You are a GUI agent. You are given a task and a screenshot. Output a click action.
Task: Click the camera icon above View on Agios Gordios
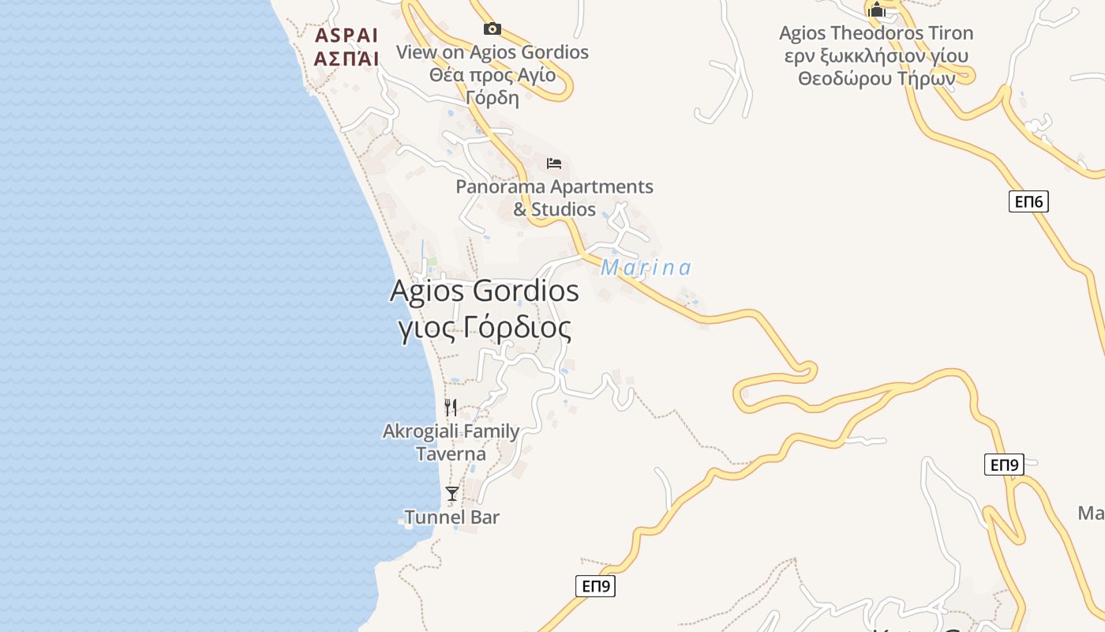tap(492, 29)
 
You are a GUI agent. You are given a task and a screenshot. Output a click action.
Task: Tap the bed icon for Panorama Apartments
tap(554, 164)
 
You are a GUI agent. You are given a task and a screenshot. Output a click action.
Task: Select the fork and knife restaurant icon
tap(451, 408)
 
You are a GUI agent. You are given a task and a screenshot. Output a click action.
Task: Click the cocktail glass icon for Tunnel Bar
tap(451, 494)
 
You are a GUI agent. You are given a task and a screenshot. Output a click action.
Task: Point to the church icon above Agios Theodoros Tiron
tap(876, 9)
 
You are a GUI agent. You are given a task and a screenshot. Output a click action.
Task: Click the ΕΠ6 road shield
tap(1028, 202)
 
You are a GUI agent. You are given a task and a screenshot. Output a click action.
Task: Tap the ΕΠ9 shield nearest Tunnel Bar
tap(595, 586)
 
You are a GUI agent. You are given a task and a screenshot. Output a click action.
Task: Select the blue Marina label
tap(646, 268)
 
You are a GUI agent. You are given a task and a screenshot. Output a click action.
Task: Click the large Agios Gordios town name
tap(484, 291)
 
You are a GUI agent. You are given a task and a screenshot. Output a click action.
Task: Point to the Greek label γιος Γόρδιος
tap(484, 327)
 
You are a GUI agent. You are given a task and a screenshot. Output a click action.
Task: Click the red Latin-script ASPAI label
tap(346, 36)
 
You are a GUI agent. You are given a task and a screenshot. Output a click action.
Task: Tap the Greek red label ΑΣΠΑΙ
tap(346, 58)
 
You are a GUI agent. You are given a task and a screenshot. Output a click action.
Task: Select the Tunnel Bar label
tap(451, 517)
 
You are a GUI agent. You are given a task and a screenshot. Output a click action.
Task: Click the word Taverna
tap(451, 454)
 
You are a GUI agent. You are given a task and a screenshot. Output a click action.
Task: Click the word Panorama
tap(502, 187)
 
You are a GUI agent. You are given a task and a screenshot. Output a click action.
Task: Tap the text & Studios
tap(554, 209)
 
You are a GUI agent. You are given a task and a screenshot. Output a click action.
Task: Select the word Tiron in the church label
tap(948, 33)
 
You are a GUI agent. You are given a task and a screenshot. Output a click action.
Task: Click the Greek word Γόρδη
tap(492, 98)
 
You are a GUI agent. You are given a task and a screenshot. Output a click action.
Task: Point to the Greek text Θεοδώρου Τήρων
tap(876, 79)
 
